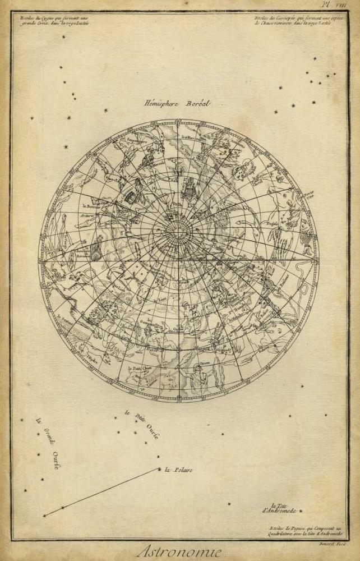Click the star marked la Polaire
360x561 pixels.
click(159, 469)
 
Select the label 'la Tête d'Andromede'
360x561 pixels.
click(281, 508)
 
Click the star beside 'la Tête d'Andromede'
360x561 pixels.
click(301, 512)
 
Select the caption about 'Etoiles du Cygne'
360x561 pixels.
click(54, 21)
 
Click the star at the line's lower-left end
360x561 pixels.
click(44, 515)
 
